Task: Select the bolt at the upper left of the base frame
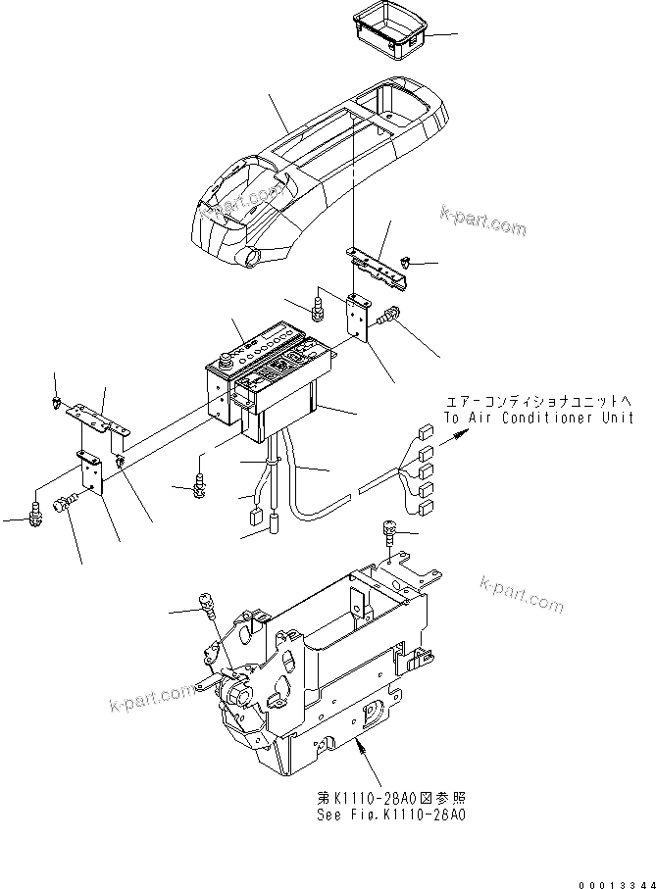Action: point(207,604)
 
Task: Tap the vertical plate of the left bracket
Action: point(92,475)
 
